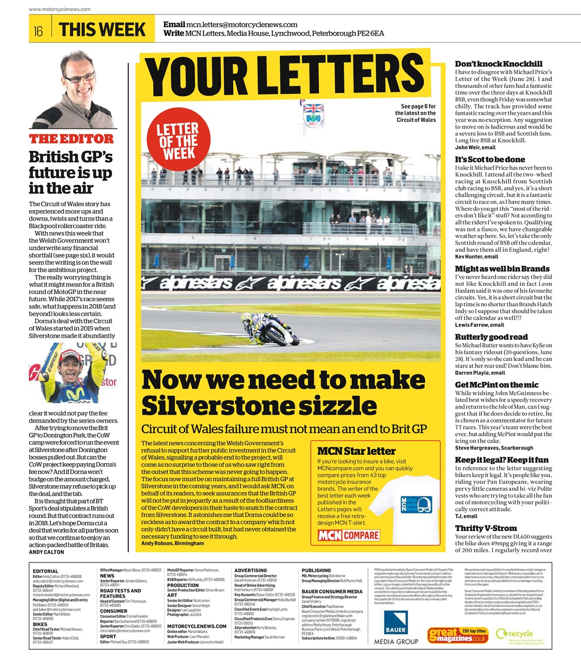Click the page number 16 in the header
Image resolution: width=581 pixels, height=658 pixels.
39,31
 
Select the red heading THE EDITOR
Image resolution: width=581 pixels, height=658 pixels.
71,139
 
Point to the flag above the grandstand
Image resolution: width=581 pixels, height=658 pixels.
313,109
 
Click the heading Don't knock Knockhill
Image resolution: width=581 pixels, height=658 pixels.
498,64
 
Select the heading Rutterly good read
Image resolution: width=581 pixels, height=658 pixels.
491,337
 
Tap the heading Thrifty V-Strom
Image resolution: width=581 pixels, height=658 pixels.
485,528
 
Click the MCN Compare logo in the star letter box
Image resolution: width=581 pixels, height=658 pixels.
349,536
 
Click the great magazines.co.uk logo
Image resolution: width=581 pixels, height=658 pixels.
458,635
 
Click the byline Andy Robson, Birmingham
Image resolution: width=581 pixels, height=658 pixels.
172,543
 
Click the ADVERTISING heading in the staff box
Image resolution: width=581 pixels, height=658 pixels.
250,570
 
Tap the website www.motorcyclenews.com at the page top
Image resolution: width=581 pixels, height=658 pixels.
60,9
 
